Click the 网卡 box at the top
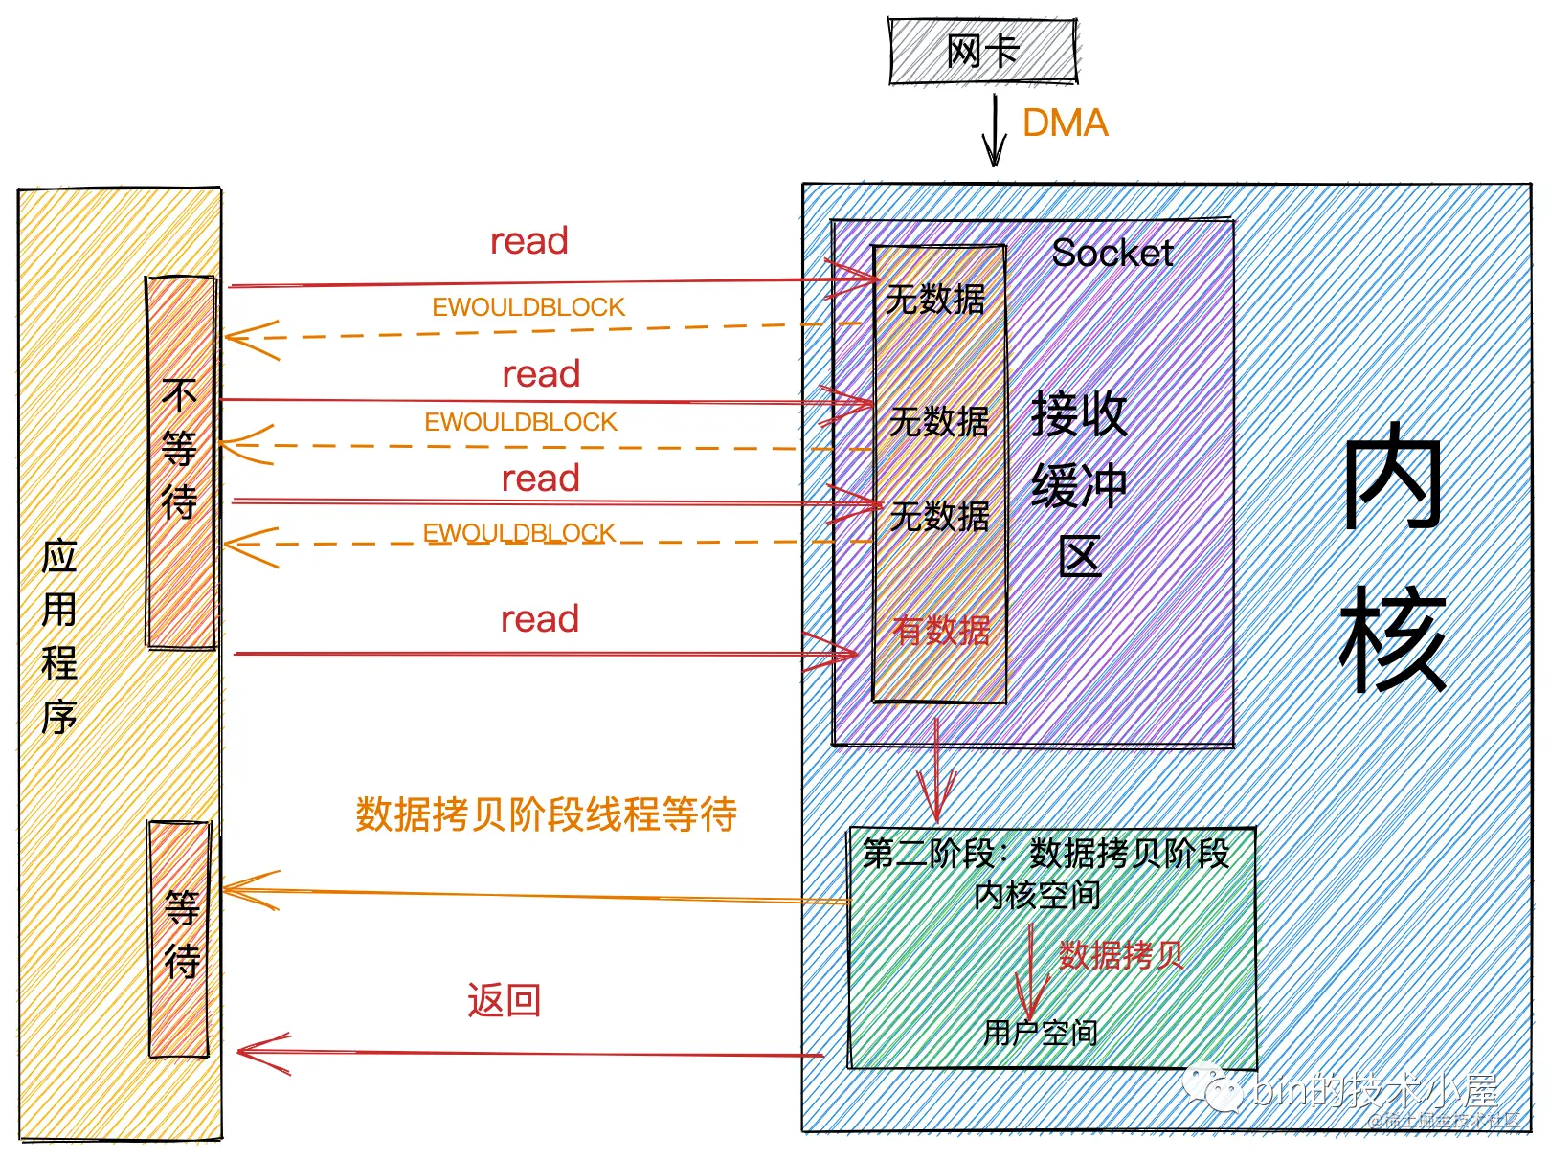point(983,51)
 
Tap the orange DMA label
point(1065,123)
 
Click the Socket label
point(1112,254)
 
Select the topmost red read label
point(529,241)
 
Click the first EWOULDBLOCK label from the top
point(528,307)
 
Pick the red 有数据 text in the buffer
point(941,630)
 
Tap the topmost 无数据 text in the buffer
point(935,300)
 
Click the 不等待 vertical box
point(180,461)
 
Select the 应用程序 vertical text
point(59,636)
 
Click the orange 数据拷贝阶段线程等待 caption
point(546,814)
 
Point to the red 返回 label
point(505,1001)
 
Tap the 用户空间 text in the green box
point(1041,1033)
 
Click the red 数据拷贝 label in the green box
point(1121,955)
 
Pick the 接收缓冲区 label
point(1080,483)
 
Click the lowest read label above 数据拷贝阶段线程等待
point(540,619)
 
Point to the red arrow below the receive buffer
point(936,775)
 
